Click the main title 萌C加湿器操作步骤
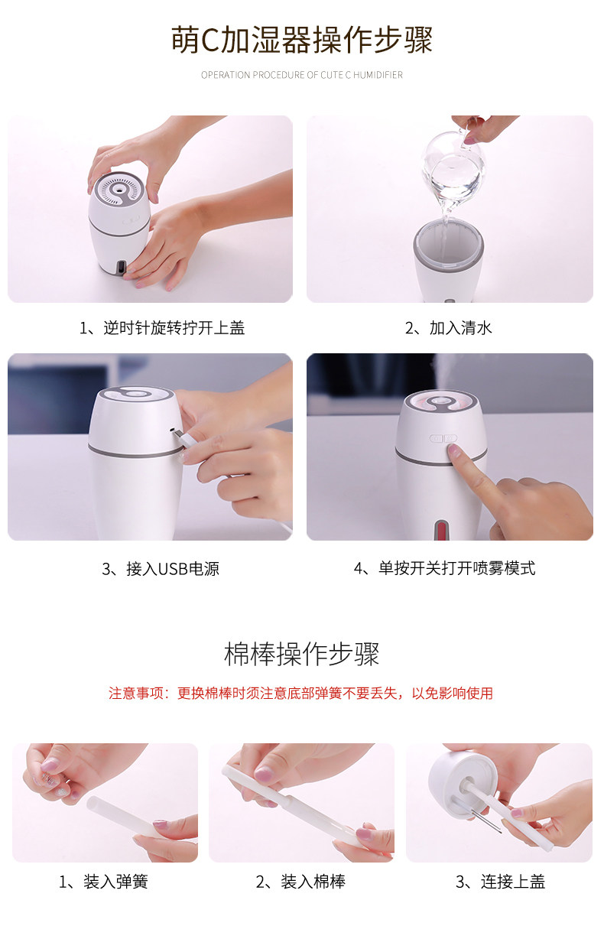302,40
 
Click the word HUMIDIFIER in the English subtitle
378,75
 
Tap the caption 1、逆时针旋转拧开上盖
162,328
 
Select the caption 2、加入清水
449,328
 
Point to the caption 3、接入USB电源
161,569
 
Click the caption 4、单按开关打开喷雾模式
445,568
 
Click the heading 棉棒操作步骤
301,654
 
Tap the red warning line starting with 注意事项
300,694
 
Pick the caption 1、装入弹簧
103,882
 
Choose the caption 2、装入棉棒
300,882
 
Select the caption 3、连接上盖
500,882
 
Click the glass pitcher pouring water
453,172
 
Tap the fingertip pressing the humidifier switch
454,449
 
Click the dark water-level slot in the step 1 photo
122,268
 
